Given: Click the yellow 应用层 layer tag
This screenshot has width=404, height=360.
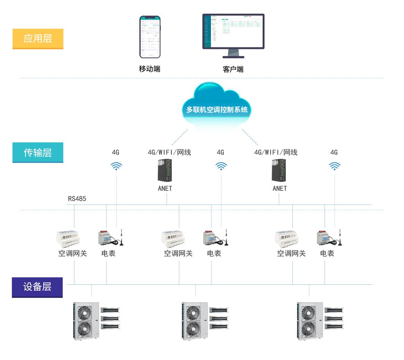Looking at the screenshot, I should tap(38, 39).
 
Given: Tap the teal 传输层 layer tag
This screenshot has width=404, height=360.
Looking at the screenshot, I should tap(38, 152).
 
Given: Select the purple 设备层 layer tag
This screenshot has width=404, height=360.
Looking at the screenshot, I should tap(37, 287).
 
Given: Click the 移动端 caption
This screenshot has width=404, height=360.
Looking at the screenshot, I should tap(149, 69).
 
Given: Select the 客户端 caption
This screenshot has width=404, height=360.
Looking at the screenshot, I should tap(233, 69).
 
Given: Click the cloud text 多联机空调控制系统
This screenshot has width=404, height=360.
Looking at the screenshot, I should tap(217, 110).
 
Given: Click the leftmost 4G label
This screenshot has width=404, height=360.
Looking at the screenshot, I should tap(116, 152).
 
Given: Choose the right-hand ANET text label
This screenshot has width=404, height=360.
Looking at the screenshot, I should tap(280, 189).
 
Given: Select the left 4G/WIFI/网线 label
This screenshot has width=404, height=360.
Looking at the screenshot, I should tap(169, 152).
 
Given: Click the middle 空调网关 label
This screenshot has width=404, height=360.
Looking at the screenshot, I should tap(178, 254).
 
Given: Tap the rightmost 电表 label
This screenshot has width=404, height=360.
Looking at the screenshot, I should tap(327, 254).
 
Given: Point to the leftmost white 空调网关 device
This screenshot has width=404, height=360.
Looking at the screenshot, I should tap(68, 237).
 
